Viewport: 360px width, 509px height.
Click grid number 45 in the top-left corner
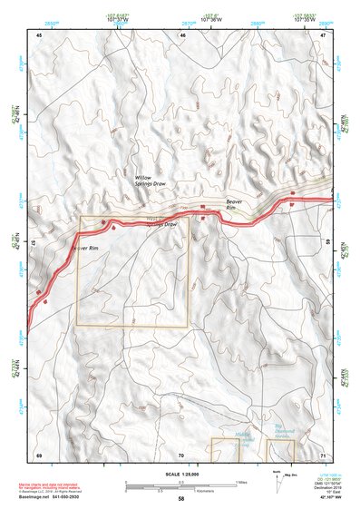[x=39, y=35]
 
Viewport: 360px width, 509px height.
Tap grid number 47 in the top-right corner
[x=323, y=35]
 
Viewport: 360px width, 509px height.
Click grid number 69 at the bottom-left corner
[x=39, y=454]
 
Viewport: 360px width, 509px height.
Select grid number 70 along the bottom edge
[x=180, y=454]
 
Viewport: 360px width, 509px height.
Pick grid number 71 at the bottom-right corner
[x=323, y=454]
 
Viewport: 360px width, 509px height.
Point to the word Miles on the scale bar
[x=240, y=481]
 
